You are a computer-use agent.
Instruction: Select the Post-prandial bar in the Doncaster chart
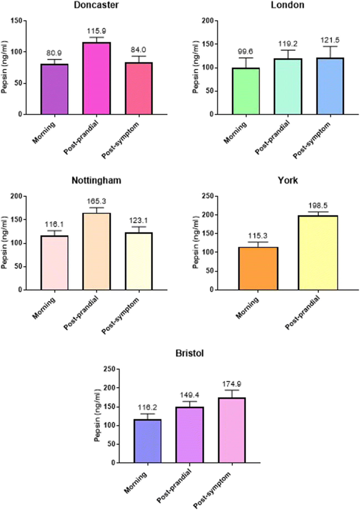tap(96, 78)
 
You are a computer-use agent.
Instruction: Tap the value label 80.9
tap(54, 53)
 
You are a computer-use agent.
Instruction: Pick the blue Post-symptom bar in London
tap(330, 86)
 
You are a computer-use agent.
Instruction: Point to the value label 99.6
tap(245, 52)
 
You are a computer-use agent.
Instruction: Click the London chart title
tap(287, 5)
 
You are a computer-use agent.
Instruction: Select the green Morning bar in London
tap(246, 91)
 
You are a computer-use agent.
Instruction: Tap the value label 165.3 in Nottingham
tap(96, 201)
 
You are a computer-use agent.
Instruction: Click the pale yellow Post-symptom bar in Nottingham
tap(139, 261)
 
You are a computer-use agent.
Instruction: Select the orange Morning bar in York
tap(258, 269)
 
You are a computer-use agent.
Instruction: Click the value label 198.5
tap(318, 206)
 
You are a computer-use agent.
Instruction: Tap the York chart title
tap(288, 180)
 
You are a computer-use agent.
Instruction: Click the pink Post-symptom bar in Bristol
tap(232, 430)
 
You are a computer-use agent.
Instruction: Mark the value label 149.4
tap(190, 395)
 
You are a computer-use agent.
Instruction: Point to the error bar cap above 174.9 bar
tap(232, 390)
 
